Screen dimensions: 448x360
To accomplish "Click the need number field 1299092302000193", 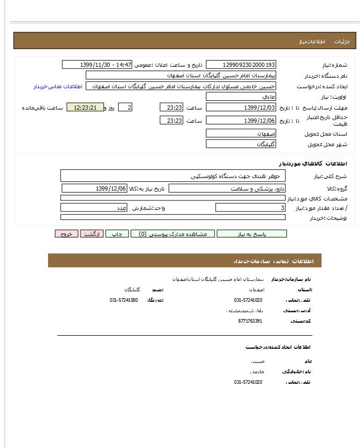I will coord(241,65).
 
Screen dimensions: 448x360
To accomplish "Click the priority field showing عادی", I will coord(241,97).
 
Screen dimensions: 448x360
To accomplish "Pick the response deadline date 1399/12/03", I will coord(241,108).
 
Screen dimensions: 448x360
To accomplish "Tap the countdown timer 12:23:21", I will coord(85,108).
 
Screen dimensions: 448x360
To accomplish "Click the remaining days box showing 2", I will coord(125,108).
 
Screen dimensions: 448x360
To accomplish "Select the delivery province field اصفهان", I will coord(241,134).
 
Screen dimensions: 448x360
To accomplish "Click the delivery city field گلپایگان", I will coord(241,144).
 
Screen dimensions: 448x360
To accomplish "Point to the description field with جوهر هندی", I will coord(173,176).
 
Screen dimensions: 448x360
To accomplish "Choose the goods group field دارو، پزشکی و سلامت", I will coord(227,188).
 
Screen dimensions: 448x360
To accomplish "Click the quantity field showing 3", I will coord(250,208).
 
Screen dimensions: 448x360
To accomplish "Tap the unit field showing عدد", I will coord(115,208).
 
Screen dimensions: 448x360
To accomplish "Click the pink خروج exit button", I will coord(66,234).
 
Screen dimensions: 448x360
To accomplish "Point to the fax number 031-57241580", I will coord(124,300).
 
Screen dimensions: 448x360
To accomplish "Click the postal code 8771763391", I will coord(250,321).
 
